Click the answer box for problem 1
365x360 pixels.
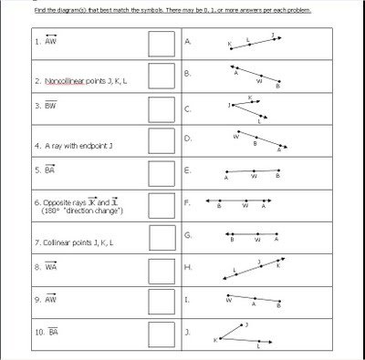pos(161,43)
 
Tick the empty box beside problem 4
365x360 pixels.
pos(161,141)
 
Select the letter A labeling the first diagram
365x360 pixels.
pos(187,42)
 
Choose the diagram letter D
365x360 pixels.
pos(187,139)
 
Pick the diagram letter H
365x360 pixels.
pos(187,267)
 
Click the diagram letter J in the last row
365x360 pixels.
pos(187,333)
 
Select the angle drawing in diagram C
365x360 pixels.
pos(250,109)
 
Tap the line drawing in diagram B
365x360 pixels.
pos(260,77)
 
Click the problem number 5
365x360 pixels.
pos(36,170)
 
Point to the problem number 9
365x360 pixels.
pos(36,299)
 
